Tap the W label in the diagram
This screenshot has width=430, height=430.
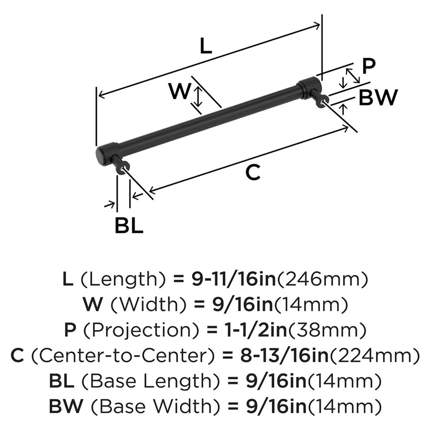click(179, 91)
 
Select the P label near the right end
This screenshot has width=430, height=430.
click(369, 66)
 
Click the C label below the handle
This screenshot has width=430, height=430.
click(253, 172)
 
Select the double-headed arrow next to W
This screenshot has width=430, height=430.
click(197, 96)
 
